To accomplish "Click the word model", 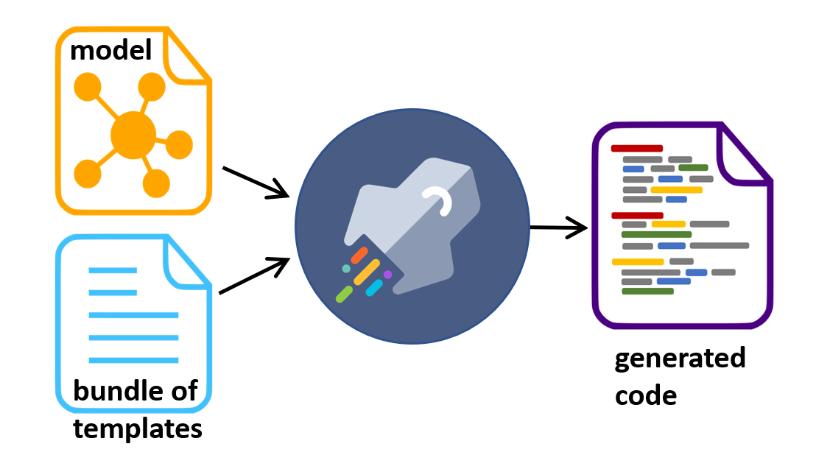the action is [111, 51].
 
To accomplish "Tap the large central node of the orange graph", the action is [133, 135].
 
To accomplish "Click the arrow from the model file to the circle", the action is [256, 183].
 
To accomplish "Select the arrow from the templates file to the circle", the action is [255, 275].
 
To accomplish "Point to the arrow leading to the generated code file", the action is [558, 227].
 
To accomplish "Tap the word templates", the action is [138, 429].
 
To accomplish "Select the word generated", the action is [680, 359].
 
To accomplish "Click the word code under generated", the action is [646, 395].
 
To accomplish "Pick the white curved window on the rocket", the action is [439, 201].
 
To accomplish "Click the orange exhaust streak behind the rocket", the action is [359, 255].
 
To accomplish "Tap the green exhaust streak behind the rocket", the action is [344, 294].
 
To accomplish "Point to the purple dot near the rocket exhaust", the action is [387, 275].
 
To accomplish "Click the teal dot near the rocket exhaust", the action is [346, 269].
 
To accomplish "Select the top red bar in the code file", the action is [637, 149].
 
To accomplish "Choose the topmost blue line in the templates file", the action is [113, 270].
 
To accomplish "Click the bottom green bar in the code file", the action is [647, 292].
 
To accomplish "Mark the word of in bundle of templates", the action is [185, 390].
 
